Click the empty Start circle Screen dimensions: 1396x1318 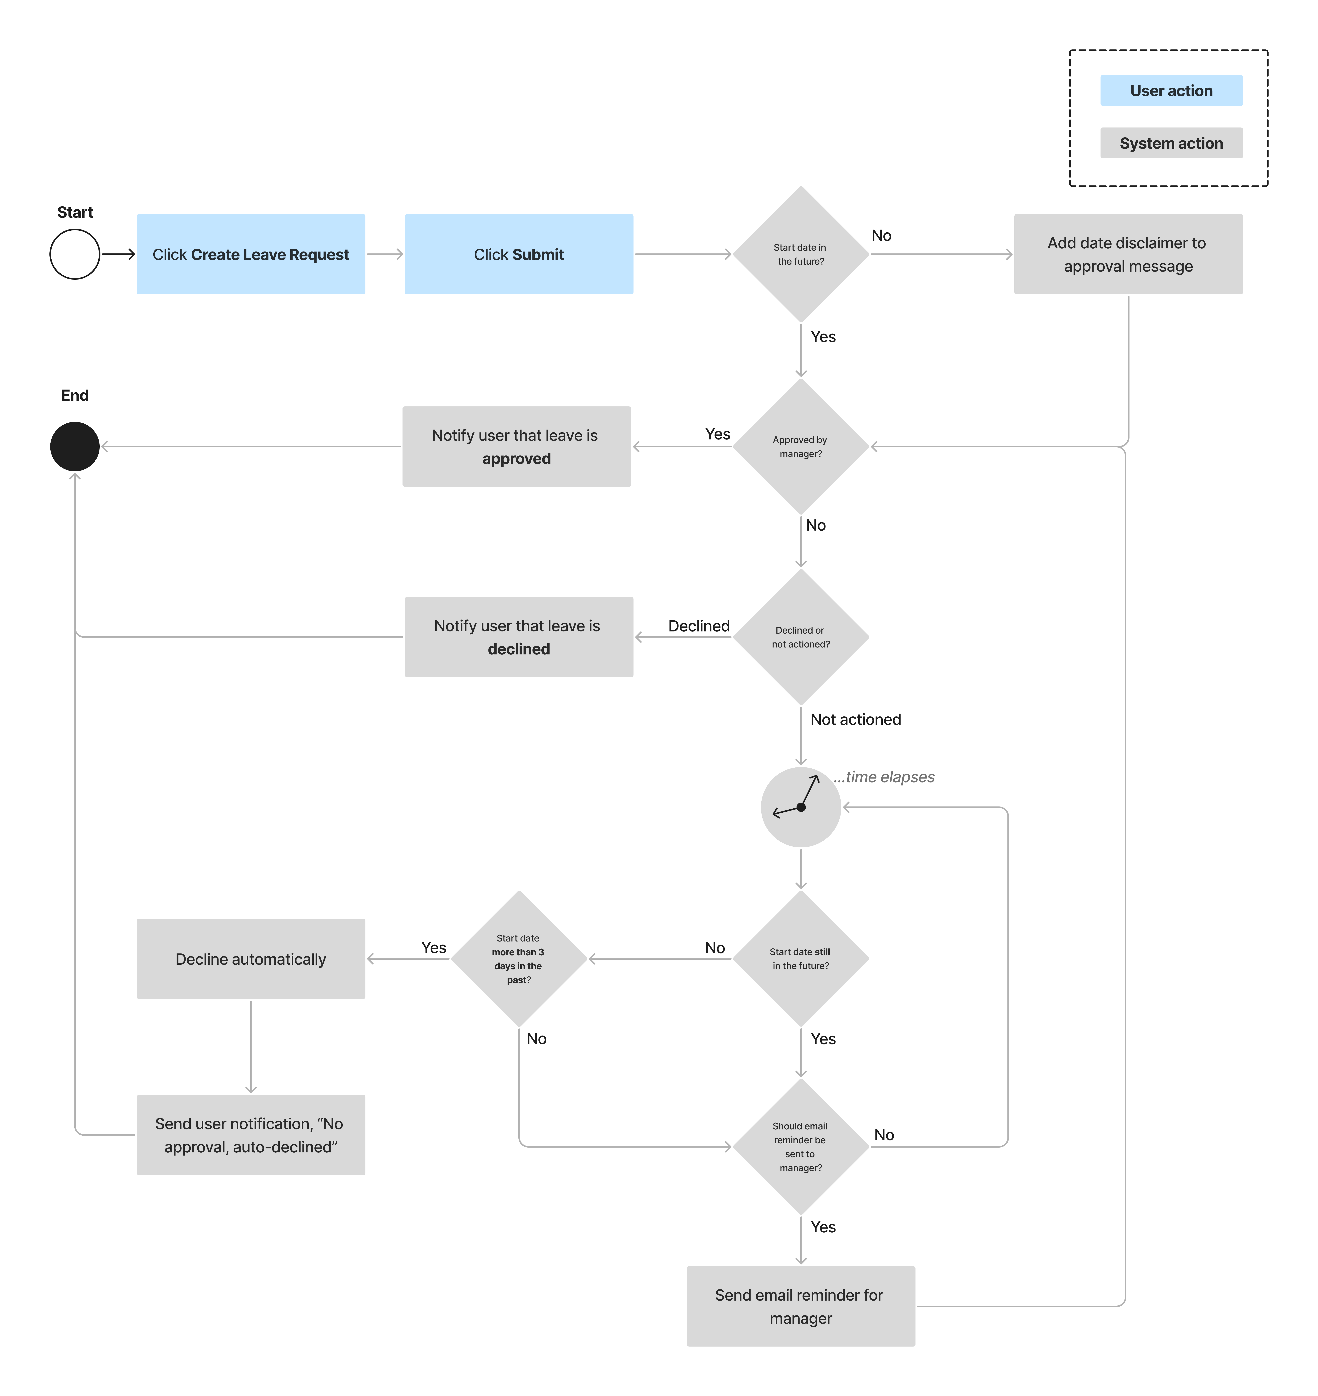point(75,254)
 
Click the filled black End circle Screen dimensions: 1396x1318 point(75,446)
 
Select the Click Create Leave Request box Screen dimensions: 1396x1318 point(251,254)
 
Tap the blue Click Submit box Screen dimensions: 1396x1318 point(518,254)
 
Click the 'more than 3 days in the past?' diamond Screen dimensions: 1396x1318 point(518,959)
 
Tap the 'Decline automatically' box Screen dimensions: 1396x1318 point(251,959)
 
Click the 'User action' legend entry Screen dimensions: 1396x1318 point(1171,91)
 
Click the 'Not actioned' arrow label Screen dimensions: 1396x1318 point(855,719)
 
